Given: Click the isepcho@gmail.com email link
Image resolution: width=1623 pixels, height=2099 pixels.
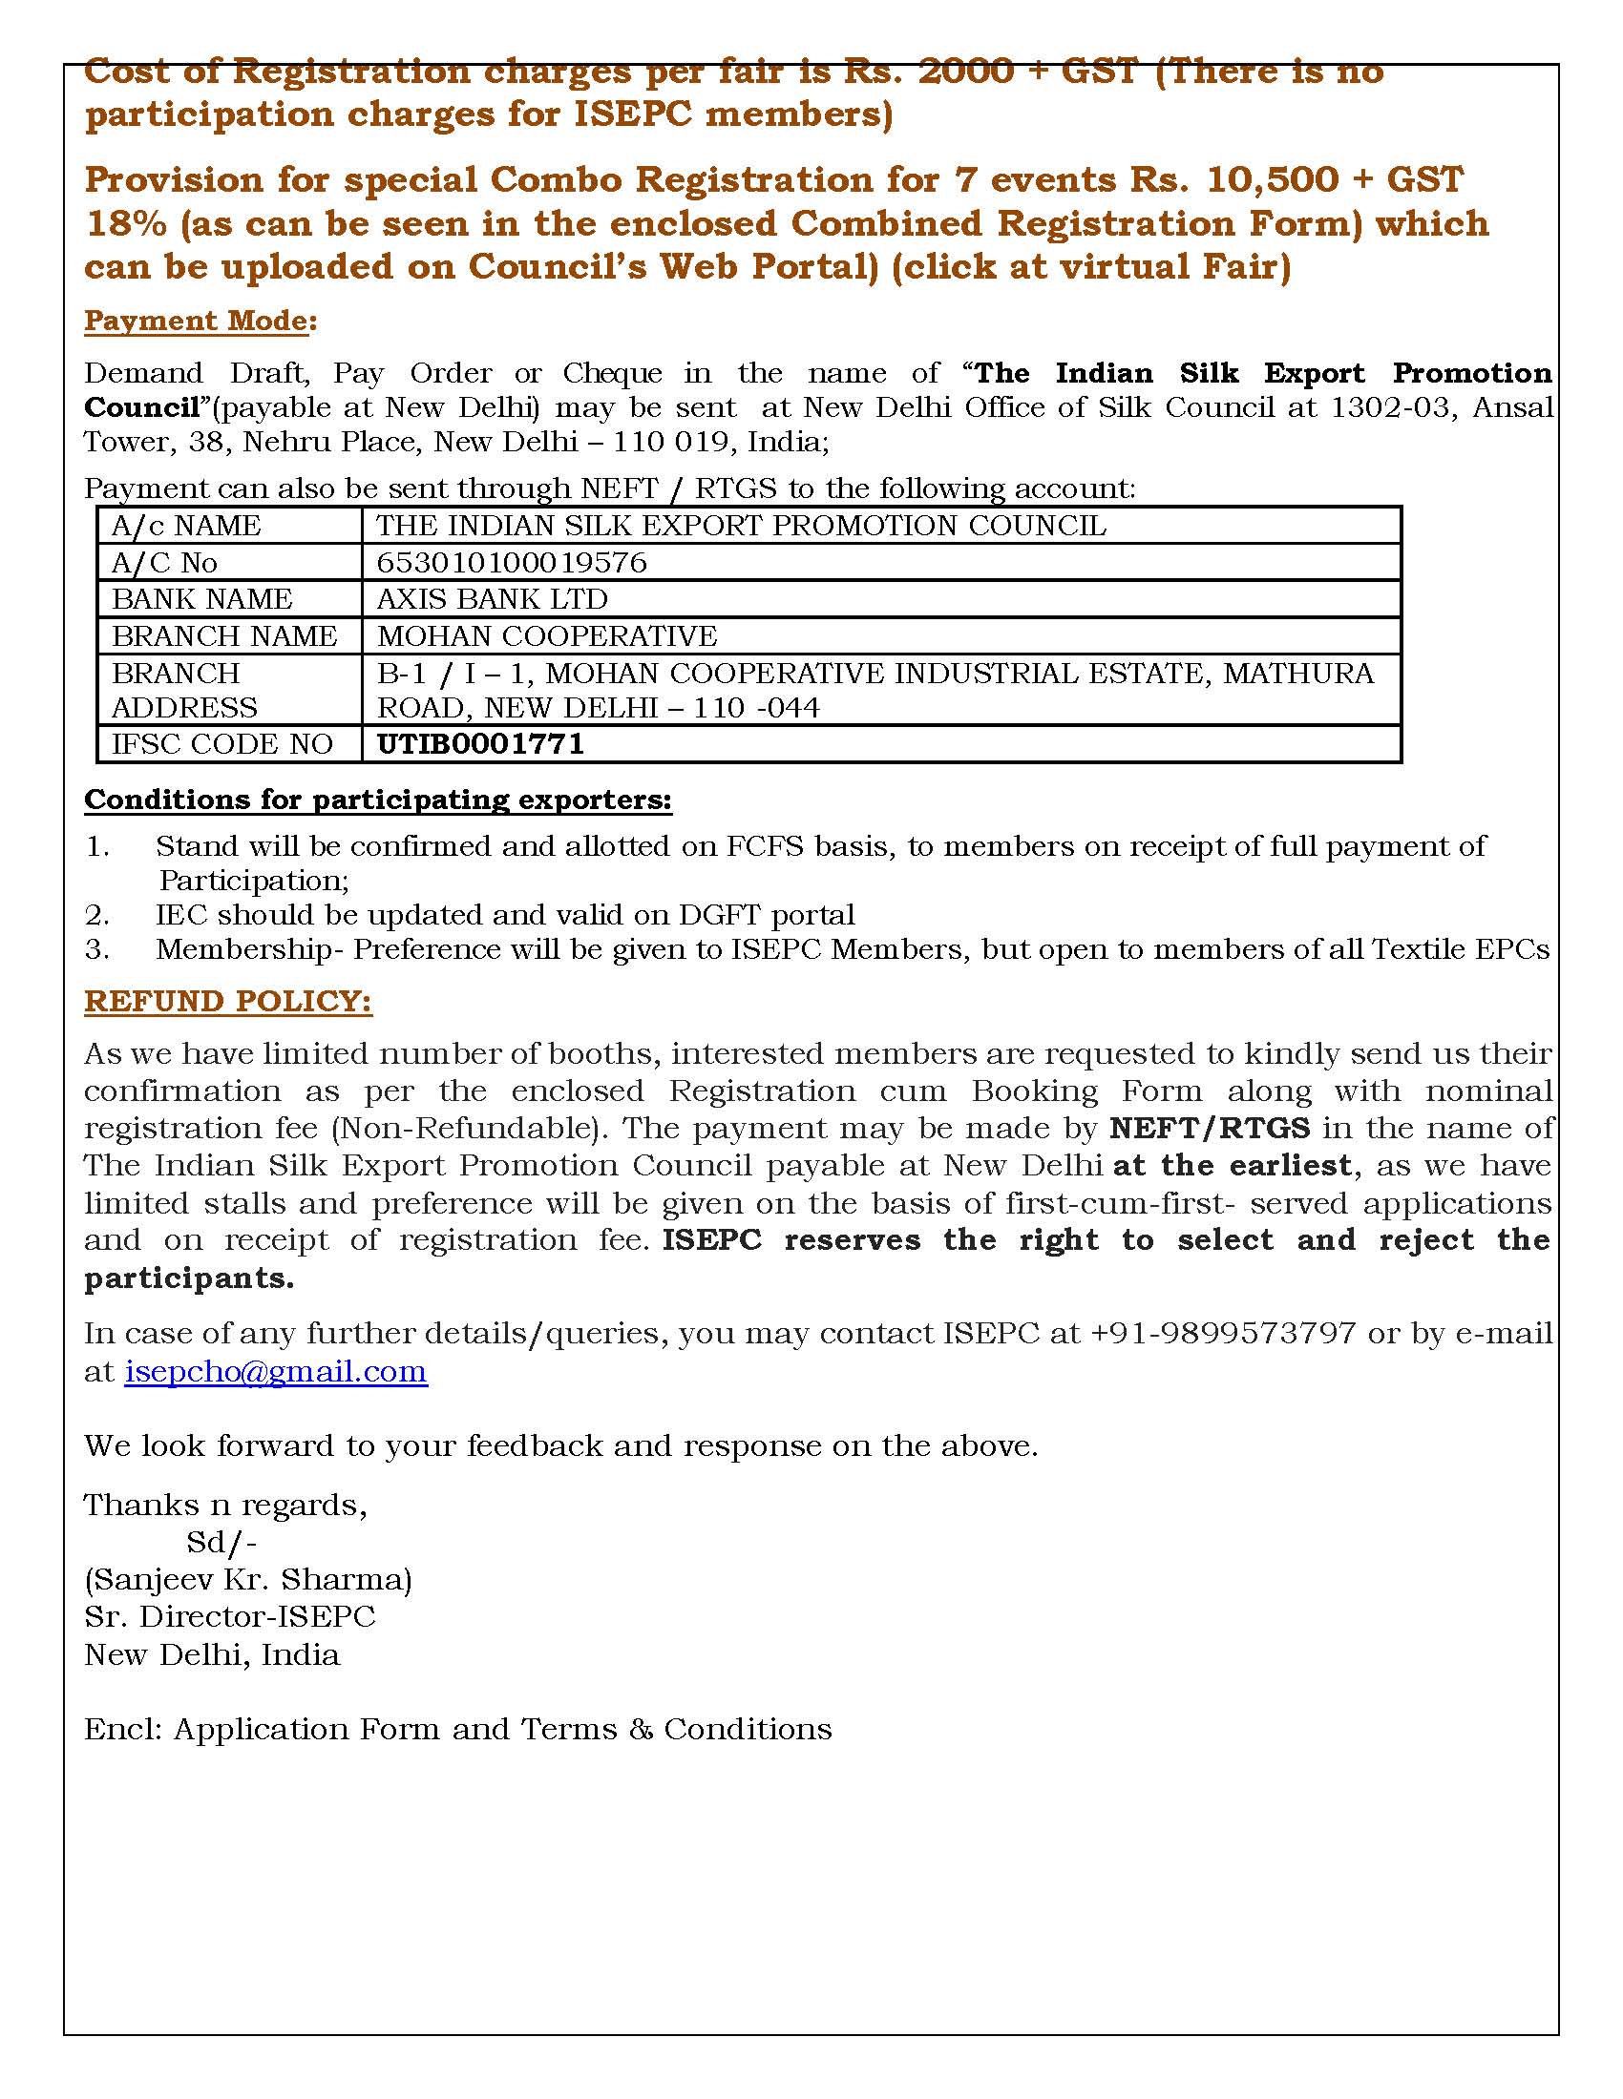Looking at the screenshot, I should point(275,1371).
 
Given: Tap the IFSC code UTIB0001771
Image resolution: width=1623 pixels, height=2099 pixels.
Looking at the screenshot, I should point(480,744).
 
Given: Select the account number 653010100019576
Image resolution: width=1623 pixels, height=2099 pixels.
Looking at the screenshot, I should point(512,562).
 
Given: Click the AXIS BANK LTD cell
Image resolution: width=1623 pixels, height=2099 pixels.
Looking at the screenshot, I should point(493,599).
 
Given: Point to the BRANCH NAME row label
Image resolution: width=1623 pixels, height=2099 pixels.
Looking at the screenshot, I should point(224,635).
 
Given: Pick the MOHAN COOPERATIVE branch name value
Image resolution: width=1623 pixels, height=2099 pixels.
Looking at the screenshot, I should point(546,635).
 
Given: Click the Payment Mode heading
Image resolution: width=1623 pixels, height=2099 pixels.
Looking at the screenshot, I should point(199,320).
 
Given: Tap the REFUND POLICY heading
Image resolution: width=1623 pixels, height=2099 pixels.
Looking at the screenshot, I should point(228,1002).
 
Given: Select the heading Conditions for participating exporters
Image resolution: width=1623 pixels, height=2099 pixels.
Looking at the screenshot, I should point(378,800).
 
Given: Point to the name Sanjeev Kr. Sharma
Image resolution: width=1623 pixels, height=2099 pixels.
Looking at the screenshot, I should point(248,1580).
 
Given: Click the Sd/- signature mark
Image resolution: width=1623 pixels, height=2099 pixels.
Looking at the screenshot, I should point(221,1543).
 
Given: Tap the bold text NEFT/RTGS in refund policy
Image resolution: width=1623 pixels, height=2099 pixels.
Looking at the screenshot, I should point(1210,1128).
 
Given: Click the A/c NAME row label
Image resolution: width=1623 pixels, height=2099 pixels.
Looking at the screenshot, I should point(185,526).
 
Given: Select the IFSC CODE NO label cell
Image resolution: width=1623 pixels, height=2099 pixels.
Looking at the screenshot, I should point(222,744).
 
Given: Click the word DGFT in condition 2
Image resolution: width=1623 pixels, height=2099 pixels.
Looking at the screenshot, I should point(713,914).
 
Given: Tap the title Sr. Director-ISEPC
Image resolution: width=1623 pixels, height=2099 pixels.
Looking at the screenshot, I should point(230,1616).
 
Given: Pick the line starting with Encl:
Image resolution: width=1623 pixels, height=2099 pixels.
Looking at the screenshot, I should point(457,1729).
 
